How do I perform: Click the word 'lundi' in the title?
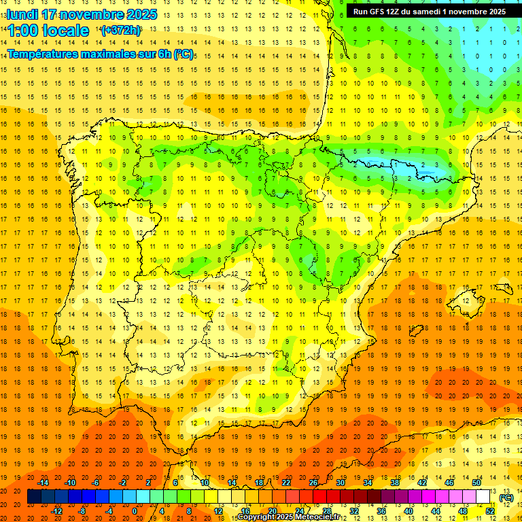pos(21,14)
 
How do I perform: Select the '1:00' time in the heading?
pos(21,31)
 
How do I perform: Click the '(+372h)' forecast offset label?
pos(120,31)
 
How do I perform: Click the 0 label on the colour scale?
pos(134,511)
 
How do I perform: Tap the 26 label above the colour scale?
pos(313,483)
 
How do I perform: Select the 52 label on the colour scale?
pos(490,511)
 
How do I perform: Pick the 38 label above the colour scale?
pos(394,483)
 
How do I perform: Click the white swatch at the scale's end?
pos(483,497)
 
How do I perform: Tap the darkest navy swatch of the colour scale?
pos(34,497)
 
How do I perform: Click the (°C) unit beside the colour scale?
pos(506,498)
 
